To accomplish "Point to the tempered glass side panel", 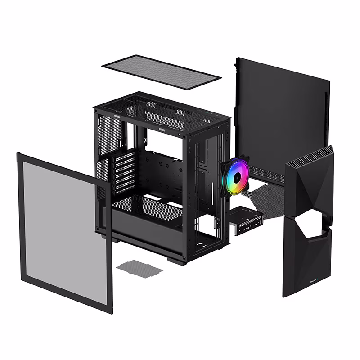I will coord(63,234).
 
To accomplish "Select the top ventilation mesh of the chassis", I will coord(162,110).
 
